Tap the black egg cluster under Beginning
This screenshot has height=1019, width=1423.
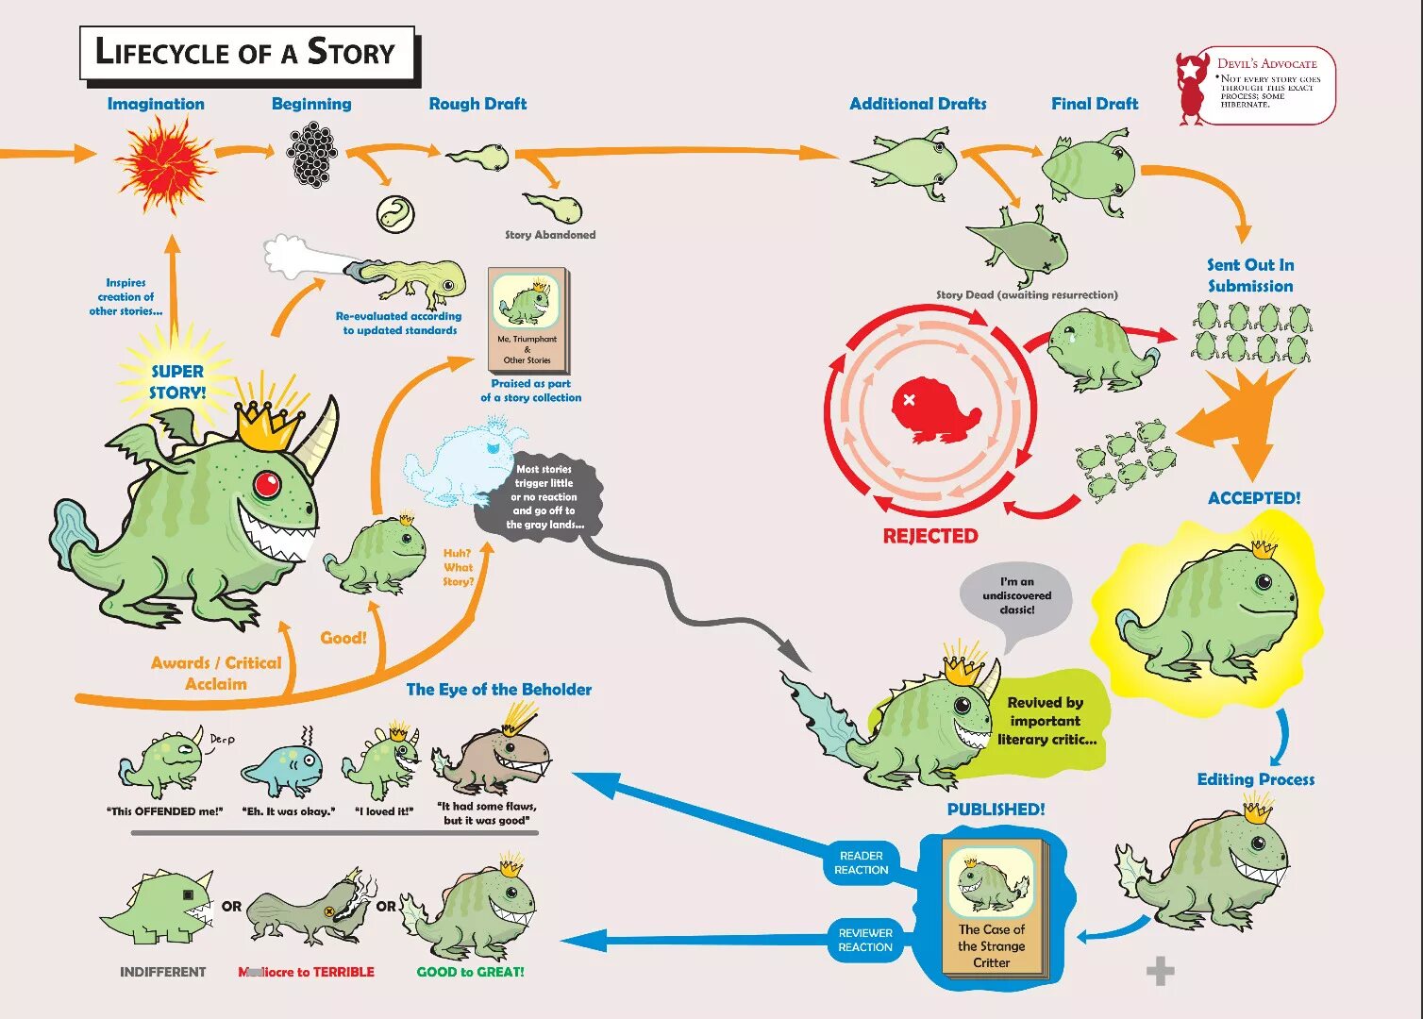click(x=311, y=155)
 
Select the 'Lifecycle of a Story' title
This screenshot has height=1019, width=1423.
click(x=246, y=53)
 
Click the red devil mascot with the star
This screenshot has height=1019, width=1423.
click(x=1192, y=88)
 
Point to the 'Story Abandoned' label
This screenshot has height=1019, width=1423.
click(x=550, y=235)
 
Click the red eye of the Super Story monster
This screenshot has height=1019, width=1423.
click(x=267, y=485)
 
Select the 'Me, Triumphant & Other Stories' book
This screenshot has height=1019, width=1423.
click(x=527, y=320)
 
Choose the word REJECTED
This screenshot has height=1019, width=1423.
click(x=930, y=536)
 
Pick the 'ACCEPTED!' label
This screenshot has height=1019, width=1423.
click(x=1254, y=498)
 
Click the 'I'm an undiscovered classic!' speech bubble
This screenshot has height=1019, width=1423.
click(x=1017, y=596)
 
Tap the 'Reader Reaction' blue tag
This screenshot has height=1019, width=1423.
click(x=862, y=862)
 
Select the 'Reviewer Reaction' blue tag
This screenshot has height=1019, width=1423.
click(x=864, y=940)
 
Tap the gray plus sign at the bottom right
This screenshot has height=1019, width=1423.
click(x=1160, y=971)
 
